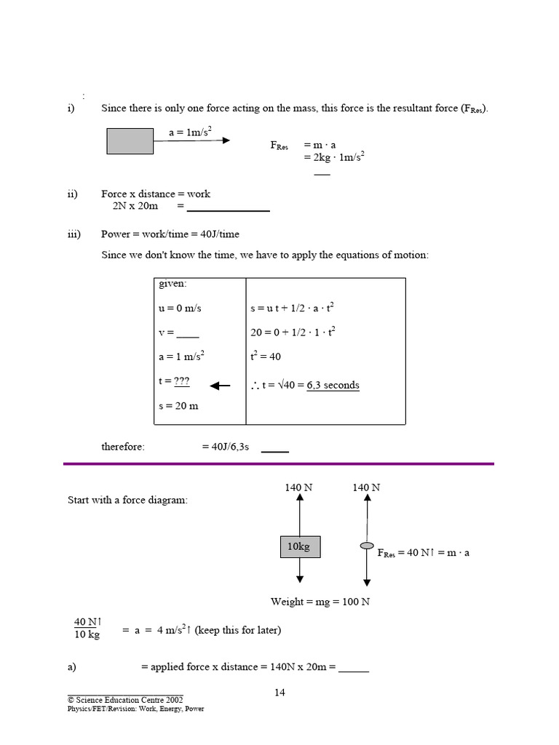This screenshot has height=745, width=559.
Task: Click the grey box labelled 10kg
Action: (x=299, y=547)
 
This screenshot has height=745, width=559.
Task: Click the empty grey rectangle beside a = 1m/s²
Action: (x=130, y=141)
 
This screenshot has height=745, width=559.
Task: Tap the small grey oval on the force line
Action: (x=368, y=545)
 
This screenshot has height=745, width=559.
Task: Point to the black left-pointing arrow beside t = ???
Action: (x=219, y=386)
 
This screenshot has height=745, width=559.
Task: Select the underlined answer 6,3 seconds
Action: (x=333, y=385)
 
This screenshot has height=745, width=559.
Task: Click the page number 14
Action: (x=279, y=692)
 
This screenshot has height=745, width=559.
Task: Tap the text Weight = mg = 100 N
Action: (x=320, y=602)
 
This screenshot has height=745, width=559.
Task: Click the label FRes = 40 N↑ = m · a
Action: (x=424, y=553)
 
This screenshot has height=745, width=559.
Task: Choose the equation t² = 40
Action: (x=266, y=356)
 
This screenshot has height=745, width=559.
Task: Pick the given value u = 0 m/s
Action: (x=180, y=308)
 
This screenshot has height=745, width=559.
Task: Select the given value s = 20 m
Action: (x=178, y=405)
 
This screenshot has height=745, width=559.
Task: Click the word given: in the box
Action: (x=173, y=284)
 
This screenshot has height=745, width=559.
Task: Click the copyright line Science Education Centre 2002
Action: (x=125, y=699)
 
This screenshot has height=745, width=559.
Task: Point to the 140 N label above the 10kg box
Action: (x=298, y=487)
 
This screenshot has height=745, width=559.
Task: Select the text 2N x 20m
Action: (x=131, y=207)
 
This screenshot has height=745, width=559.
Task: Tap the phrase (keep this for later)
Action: (x=237, y=630)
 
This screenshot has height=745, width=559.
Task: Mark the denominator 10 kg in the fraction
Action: (x=87, y=635)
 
